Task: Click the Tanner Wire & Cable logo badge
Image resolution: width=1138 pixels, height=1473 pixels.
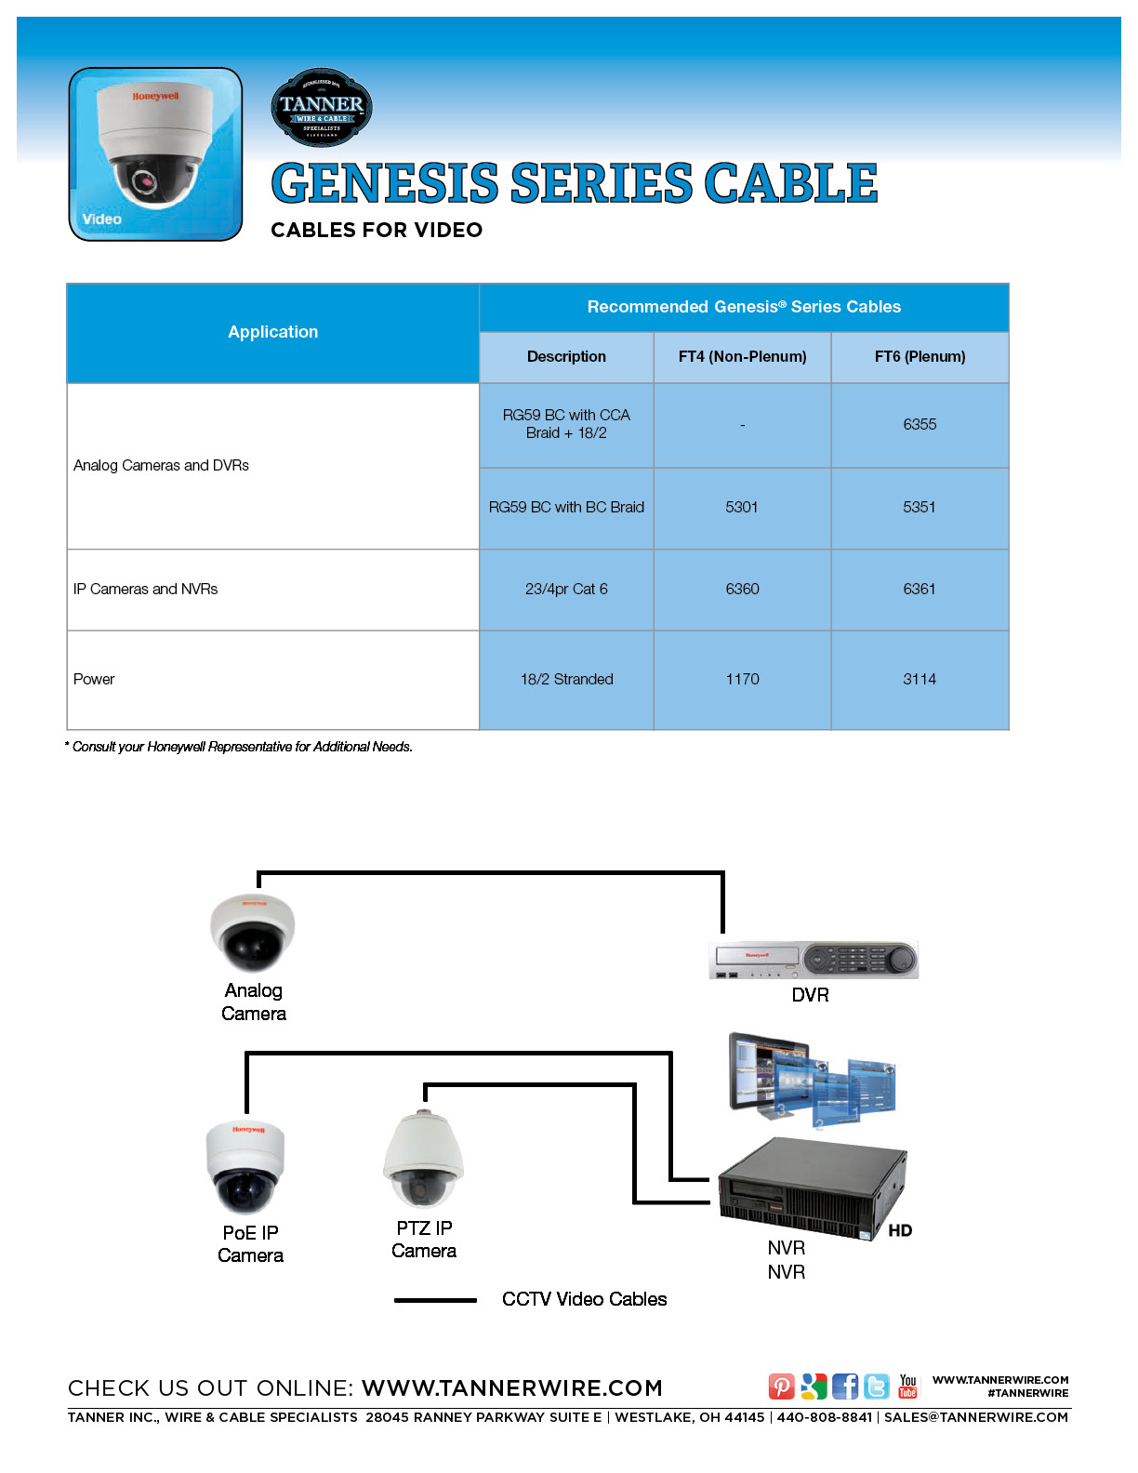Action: [x=322, y=107]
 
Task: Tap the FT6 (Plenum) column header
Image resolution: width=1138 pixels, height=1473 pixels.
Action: [x=920, y=356]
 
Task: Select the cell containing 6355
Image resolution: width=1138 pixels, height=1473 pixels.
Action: [x=920, y=424]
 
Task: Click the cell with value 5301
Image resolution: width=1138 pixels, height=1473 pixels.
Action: [x=742, y=507]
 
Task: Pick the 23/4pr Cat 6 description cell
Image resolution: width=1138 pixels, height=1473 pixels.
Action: [x=566, y=589]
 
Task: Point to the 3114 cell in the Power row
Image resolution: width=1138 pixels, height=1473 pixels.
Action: [x=920, y=679]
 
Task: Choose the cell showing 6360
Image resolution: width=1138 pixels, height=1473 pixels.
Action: [x=742, y=589]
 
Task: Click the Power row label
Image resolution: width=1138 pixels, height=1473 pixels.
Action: [x=94, y=679]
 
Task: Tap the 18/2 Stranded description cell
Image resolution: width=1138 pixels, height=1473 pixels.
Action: [x=566, y=679]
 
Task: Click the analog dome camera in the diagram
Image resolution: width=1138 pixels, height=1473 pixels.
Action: [x=252, y=933]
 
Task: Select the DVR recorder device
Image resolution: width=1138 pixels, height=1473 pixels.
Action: [x=814, y=960]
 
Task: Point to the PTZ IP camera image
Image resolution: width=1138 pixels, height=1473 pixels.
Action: [x=423, y=1161]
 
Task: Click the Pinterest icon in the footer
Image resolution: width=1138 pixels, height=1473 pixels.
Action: [x=781, y=1387]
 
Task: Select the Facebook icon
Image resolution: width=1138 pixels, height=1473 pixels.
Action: [x=845, y=1387]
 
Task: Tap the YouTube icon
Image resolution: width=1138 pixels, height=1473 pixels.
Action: [x=907, y=1387]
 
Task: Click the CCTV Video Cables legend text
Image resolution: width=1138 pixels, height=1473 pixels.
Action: [x=584, y=1299]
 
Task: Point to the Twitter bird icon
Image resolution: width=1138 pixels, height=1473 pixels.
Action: [x=877, y=1387]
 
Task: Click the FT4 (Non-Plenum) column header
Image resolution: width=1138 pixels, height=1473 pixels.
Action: [x=742, y=356]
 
